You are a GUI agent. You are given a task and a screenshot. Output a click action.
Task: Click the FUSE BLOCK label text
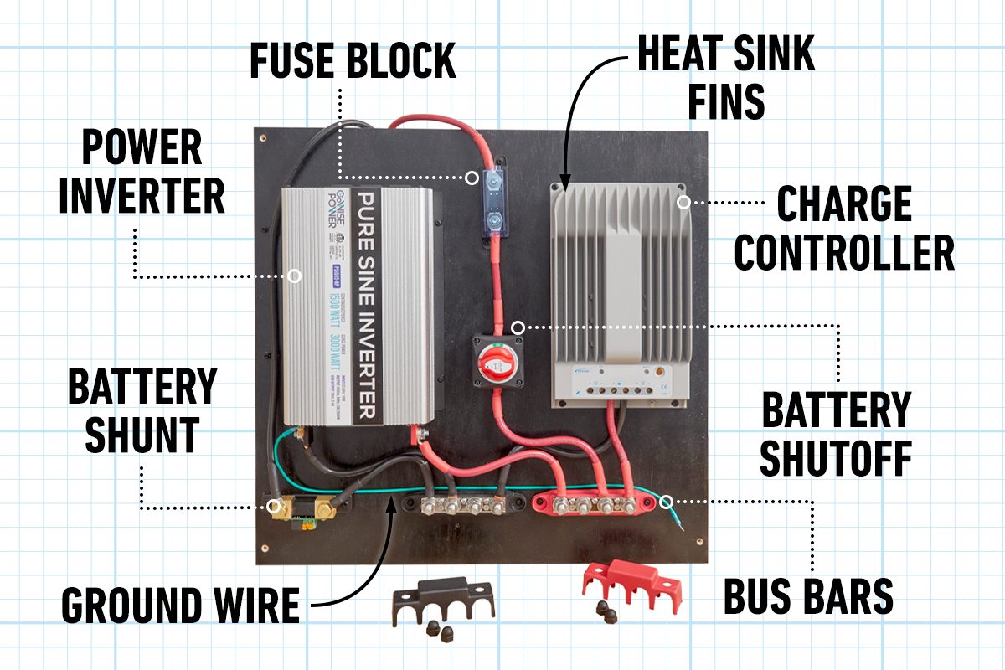pos(352,61)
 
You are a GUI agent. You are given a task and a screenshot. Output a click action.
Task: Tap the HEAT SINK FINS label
pos(725,78)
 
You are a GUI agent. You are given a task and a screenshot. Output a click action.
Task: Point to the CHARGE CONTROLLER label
pos(843,228)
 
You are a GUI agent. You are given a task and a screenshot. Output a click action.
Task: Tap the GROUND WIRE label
pos(180,605)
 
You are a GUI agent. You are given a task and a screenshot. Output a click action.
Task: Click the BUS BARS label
pos(808,596)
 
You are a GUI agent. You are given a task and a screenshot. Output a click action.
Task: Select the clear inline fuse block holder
pos(495,200)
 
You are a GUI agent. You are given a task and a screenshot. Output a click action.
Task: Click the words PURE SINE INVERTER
pos(368,306)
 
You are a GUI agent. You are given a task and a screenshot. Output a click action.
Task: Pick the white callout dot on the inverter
pos(294,276)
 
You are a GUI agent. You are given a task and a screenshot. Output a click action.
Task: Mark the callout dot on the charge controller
pos(683,202)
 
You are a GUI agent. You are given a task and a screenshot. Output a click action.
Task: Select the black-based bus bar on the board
pos(457,507)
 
